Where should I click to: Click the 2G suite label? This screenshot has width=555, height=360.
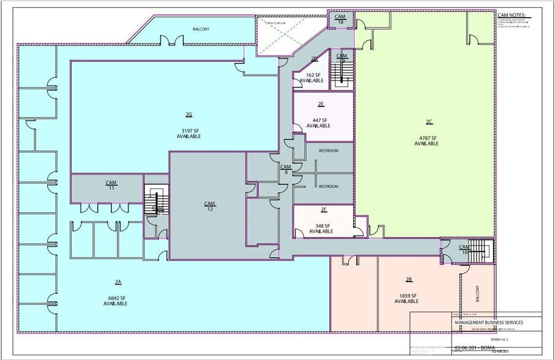[188, 114]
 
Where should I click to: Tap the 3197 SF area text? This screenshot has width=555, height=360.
[188, 130]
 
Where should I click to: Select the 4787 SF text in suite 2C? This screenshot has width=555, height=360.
[426, 138]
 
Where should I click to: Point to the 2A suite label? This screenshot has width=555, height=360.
[118, 282]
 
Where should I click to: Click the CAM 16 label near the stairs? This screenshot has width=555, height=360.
[464, 249]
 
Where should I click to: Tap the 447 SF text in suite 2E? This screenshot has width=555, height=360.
[321, 120]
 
